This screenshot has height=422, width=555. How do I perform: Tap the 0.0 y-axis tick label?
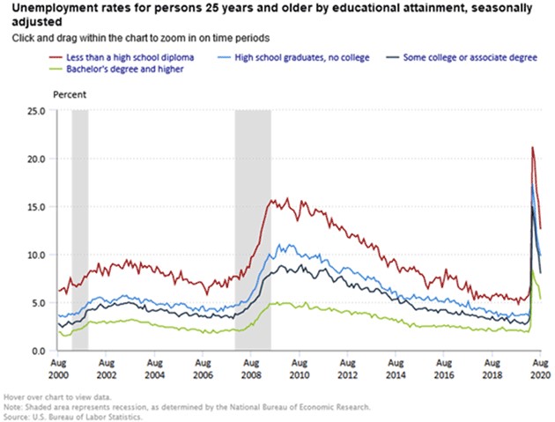[x=39, y=352]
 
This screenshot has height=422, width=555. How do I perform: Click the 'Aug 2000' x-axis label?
[x=58, y=368]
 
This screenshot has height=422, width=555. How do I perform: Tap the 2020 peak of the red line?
[x=532, y=147]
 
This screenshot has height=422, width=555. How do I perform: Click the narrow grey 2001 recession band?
[x=79, y=229]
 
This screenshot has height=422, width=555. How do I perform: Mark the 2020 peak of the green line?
[x=532, y=272]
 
